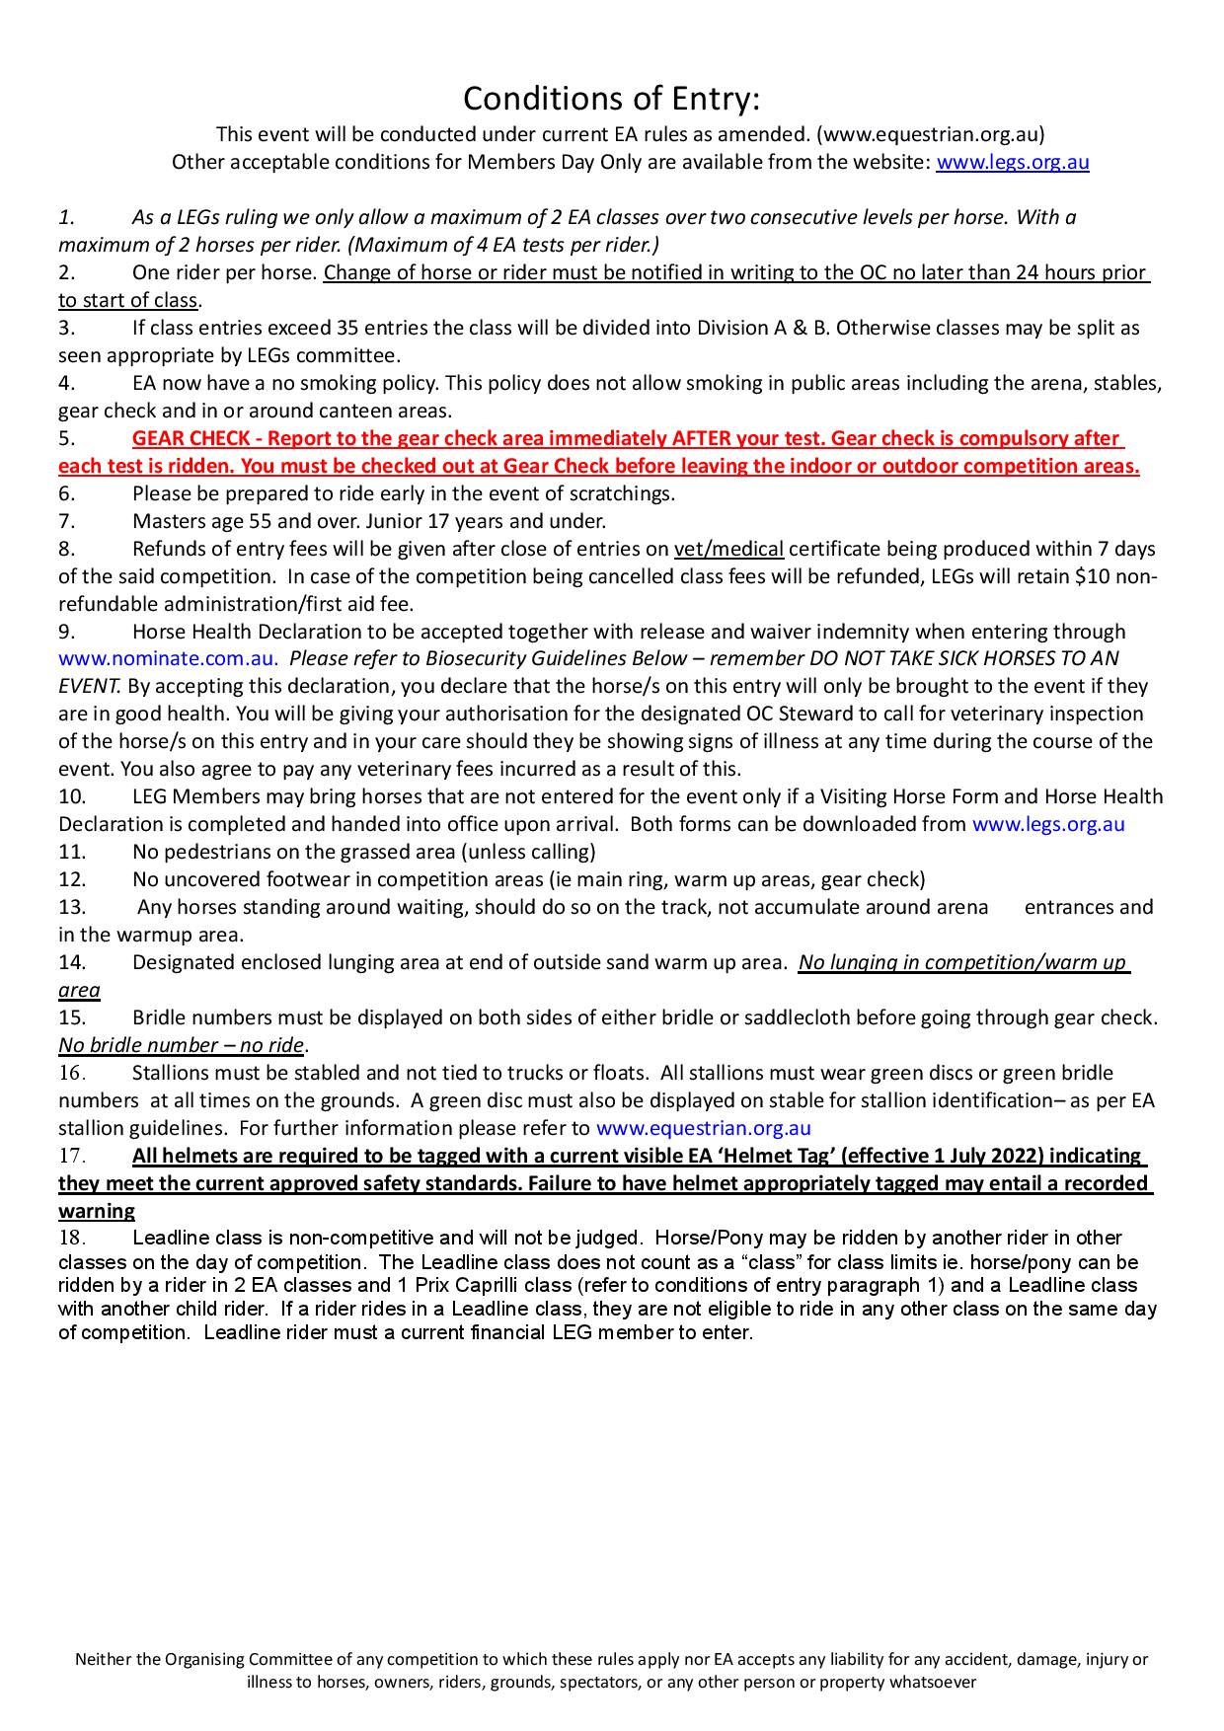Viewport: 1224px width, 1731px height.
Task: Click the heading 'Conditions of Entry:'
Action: coord(612,99)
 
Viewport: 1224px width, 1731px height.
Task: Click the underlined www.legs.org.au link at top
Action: coord(1012,163)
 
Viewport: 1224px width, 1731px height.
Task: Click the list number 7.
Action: coord(66,521)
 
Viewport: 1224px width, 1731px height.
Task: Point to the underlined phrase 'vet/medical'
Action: coord(728,549)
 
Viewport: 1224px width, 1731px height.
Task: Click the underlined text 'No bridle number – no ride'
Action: coord(181,1045)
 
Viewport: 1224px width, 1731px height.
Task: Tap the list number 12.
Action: coord(72,879)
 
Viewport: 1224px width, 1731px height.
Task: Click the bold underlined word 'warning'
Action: coord(97,1211)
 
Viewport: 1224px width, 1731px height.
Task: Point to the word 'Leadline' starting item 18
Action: coord(167,1238)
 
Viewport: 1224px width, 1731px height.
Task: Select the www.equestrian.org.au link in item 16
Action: coord(704,1128)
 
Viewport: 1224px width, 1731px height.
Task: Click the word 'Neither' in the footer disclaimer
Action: coord(104,1660)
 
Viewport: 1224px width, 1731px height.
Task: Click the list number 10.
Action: coord(72,796)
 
